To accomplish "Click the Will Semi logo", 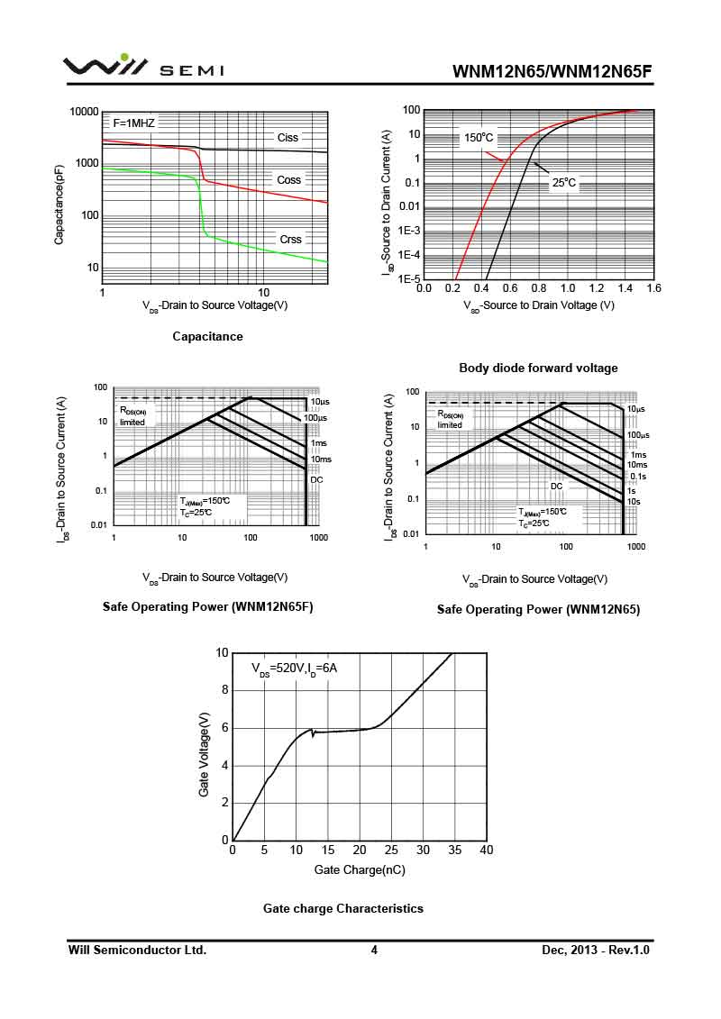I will click(x=142, y=67).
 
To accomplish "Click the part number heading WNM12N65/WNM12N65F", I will click(x=552, y=71).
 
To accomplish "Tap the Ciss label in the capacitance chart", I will click(x=287, y=138).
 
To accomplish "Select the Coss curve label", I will click(x=288, y=180).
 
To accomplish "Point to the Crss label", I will click(x=290, y=240).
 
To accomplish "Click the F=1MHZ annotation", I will click(x=133, y=122).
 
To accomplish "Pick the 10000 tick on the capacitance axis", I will click(x=84, y=112).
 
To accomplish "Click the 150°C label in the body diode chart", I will click(x=479, y=138).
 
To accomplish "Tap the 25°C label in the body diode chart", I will click(x=564, y=183).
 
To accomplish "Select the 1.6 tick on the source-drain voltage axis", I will click(x=653, y=288).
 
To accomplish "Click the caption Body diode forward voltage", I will click(x=538, y=368).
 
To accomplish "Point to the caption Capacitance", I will click(x=207, y=336).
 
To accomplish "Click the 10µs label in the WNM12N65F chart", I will click(x=318, y=402).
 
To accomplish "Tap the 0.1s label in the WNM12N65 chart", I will click(x=637, y=477).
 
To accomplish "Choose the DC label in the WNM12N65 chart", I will click(x=556, y=487).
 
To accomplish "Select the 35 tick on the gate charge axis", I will click(x=454, y=851).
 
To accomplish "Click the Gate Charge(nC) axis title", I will click(x=359, y=870).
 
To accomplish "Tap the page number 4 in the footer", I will click(x=374, y=950).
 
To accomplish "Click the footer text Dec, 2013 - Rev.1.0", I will click(x=596, y=950).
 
